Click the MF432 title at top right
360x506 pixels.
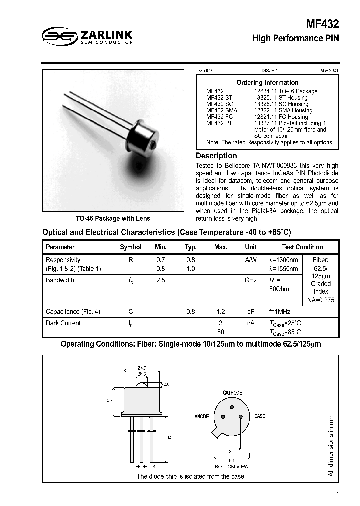pyautogui.click(x=322, y=24)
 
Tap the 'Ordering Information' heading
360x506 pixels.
pyautogui.click(x=267, y=82)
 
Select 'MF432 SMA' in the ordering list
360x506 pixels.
pyautogui.click(x=222, y=110)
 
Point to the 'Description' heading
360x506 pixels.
pyautogui.click(x=216, y=156)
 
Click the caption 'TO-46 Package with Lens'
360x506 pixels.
pyautogui.click(x=113, y=218)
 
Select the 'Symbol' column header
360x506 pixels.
pyautogui.click(x=131, y=247)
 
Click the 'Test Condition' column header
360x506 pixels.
pyautogui.click(x=302, y=247)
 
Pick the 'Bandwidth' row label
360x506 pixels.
pyautogui.click(x=60, y=280)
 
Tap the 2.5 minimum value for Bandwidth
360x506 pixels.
pyautogui.click(x=160, y=280)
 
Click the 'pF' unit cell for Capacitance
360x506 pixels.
pyautogui.click(x=251, y=312)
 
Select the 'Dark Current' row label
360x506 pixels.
pyautogui.click(x=63, y=323)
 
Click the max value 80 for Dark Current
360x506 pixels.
pyautogui.click(x=220, y=332)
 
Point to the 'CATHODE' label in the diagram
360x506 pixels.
pyautogui.click(x=232, y=393)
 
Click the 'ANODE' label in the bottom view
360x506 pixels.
pyautogui.click(x=202, y=416)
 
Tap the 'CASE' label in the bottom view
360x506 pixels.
pyautogui.click(x=260, y=416)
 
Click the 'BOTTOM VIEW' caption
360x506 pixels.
pyautogui.click(x=232, y=466)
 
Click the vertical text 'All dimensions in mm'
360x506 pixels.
pyautogui.click(x=331, y=445)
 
